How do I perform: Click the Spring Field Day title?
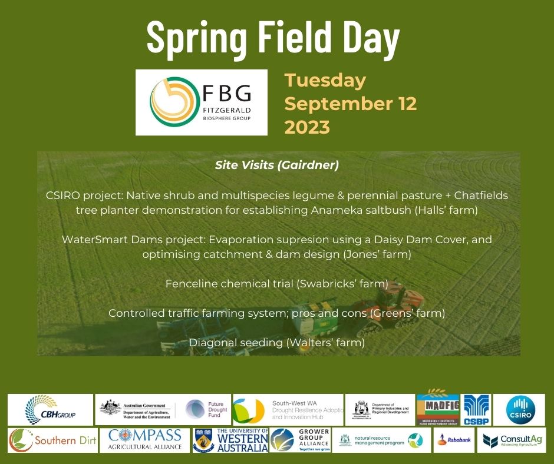click(273, 37)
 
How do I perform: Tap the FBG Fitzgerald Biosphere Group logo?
click(202, 102)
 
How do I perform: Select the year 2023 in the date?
click(307, 127)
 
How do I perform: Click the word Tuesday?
click(325, 81)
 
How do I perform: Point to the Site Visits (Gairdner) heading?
click(277, 165)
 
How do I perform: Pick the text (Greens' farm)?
click(407, 313)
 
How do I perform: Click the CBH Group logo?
click(50, 410)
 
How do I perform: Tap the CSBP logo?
click(477, 410)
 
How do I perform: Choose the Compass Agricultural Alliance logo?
click(145, 440)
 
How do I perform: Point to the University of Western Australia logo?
click(230, 440)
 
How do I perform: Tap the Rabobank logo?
click(454, 440)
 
